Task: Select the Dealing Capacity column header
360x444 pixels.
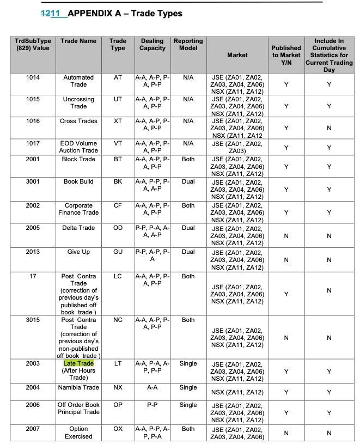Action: coord(152,45)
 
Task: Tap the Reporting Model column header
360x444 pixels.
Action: coord(188,45)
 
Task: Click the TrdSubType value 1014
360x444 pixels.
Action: coord(33,78)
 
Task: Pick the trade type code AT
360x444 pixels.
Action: coord(118,78)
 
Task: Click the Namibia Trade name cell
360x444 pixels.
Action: coord(78,388)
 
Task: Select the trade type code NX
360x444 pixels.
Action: coord(118,388)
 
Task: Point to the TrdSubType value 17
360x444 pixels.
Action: coord(33,277)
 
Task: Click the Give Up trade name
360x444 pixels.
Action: coord(78,252)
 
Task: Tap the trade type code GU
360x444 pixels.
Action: coord(118,252)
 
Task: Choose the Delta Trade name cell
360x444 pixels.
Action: coord(78,228)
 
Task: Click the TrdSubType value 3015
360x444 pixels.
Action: coord(33,320)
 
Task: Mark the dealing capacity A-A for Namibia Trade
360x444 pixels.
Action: coord(152,388)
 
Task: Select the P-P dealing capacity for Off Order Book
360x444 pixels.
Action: coord(152,405)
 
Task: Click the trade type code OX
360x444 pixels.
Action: coord(118,429)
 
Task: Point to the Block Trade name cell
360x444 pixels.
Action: coord(78,160)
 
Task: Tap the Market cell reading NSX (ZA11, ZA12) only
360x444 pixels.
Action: coord(237,392)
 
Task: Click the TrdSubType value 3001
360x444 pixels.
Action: coord(33,181)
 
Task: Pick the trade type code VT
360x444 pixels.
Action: coord(118,143)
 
